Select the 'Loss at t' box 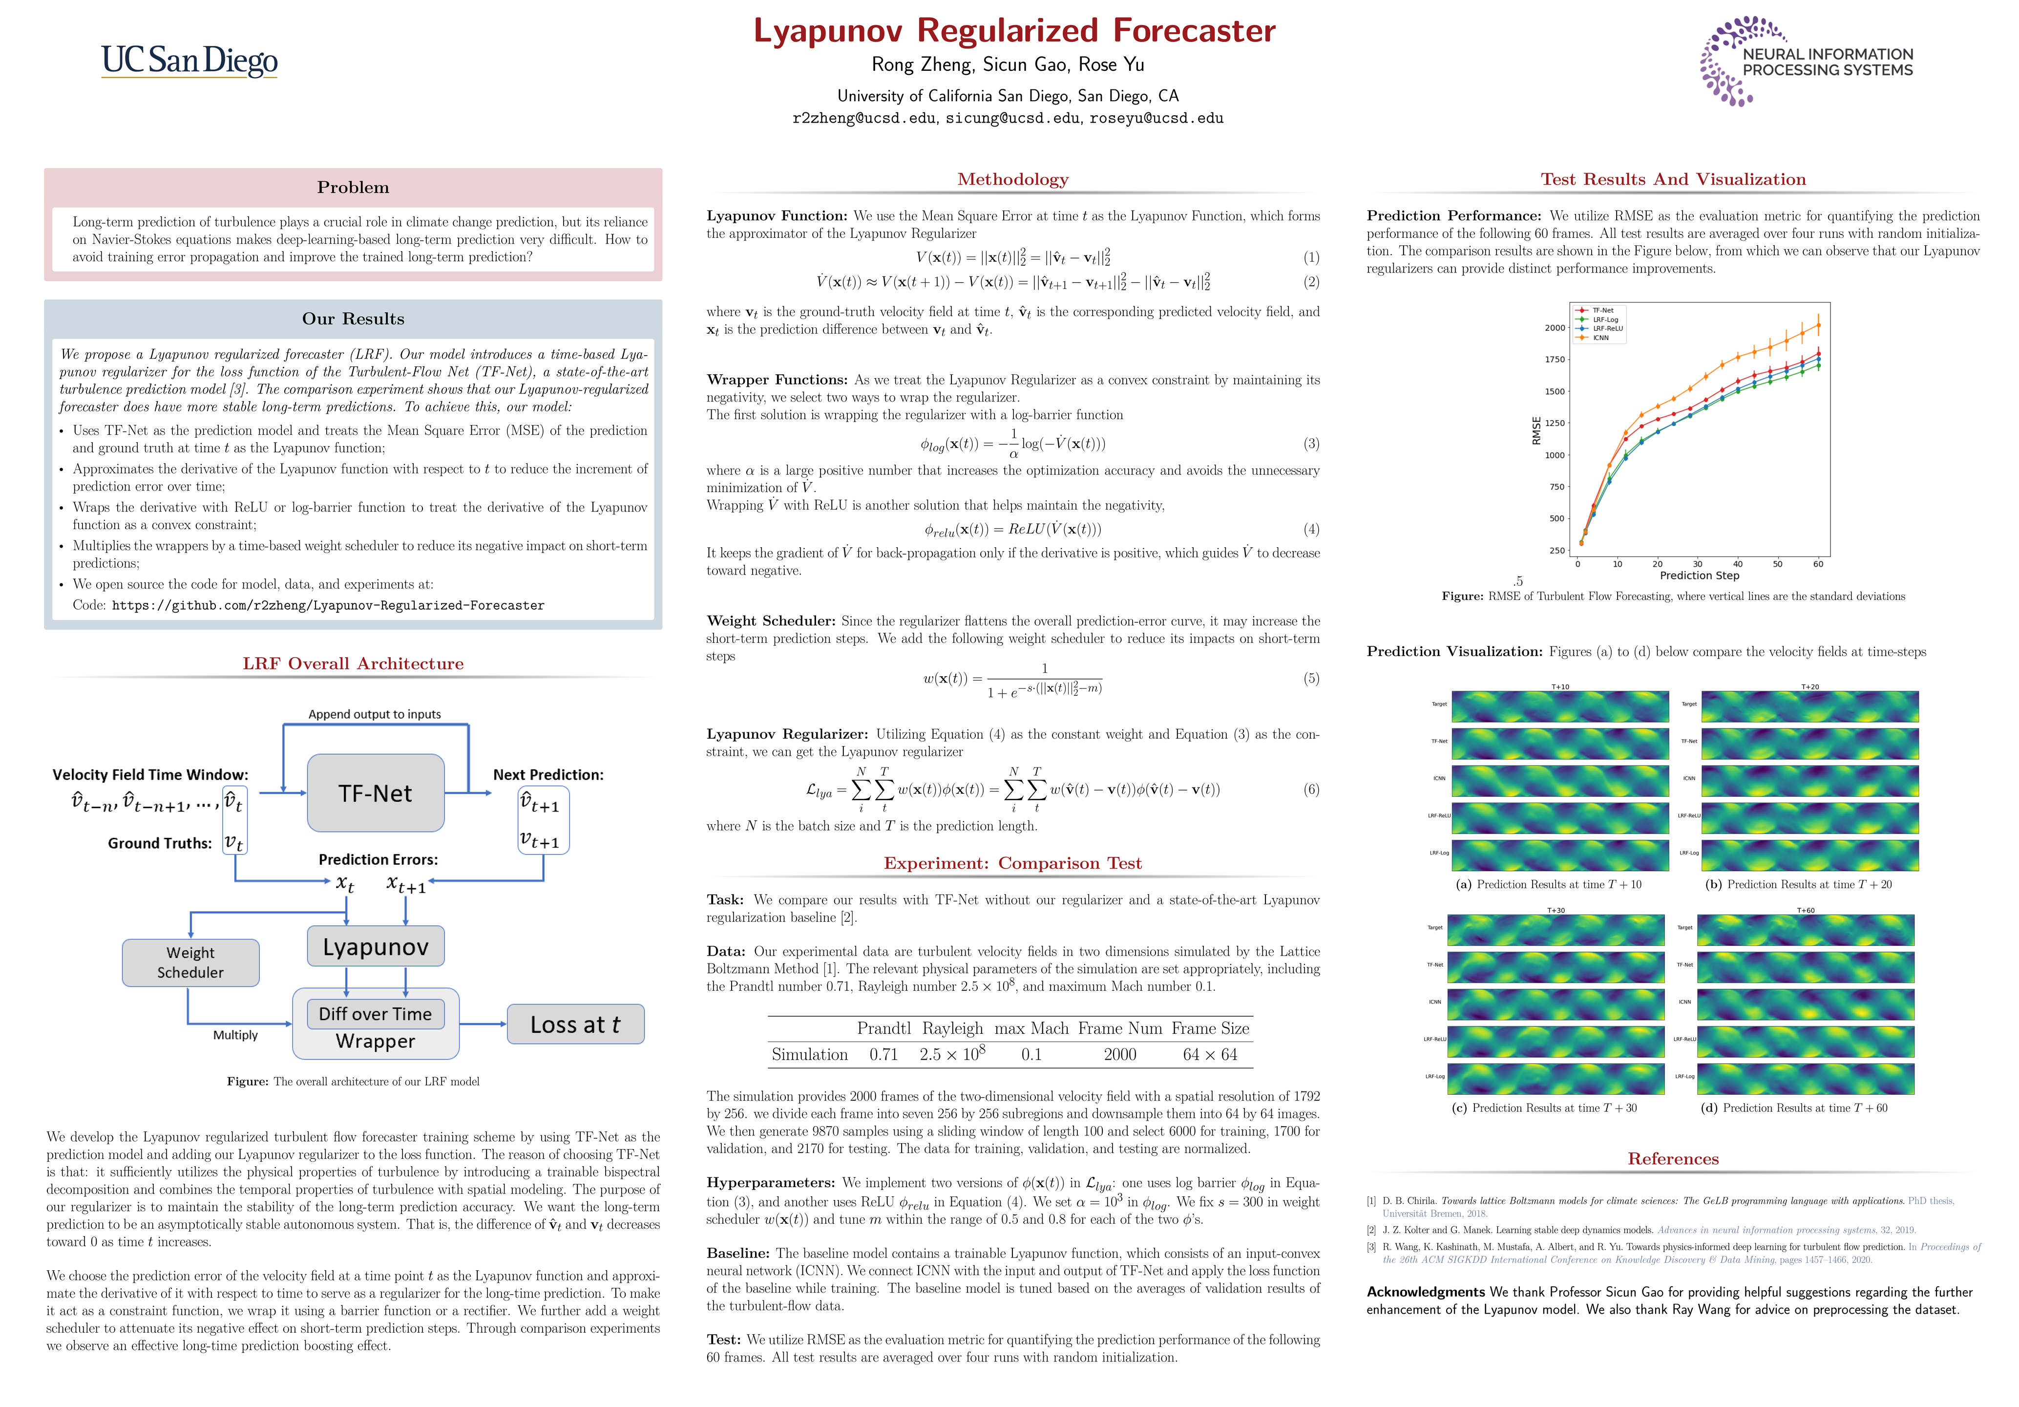pos(575,1024)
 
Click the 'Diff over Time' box pos(376,1014)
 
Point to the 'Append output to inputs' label pos(375,714)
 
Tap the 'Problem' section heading pos(353,187)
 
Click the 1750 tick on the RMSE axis pos(1555,360)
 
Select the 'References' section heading pos(1673,1159)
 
